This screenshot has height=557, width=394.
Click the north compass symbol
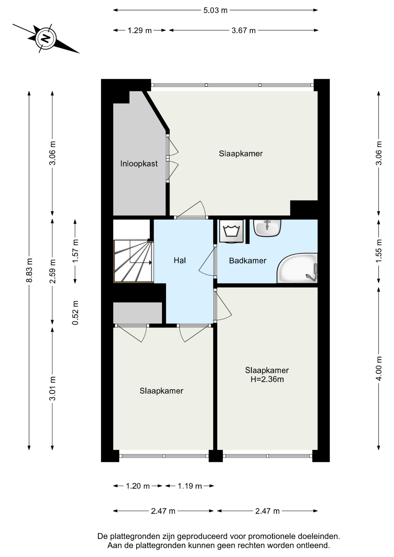pyautogui.click(x=46, y=38)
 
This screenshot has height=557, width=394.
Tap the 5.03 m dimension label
pyautogui.click(x=215, y=10)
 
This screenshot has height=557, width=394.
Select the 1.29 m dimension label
pyautogui.click(x=140, y=30)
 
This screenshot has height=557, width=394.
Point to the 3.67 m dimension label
pyautogui.click(x=243, y=30)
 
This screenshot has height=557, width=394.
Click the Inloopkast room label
pyautogui.click(x=139, y=164)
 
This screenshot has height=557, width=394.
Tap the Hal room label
pyautogui.click(x=180, y=261)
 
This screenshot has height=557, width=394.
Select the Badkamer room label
pyautogui.click(x=247, y=261)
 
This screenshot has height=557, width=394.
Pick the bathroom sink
pyautogui.click(x=267, y=228)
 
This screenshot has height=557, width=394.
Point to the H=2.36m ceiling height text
pyautogui.click(x=267, y=379)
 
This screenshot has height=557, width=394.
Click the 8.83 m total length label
pyautogui.click(x=29, y=270)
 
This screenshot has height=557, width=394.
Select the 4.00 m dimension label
pyautogui.click(x=379, y=368)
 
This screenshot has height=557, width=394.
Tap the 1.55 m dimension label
pyautogui.click(x=379, y=251)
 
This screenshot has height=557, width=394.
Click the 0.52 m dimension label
pyautogui.click(x=75, y=313)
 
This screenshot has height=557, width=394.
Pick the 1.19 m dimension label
pyautogui.click(x=190, y=486)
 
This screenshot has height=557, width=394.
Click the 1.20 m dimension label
pyautogui.click(x=138, y=486)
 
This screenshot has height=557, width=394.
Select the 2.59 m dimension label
pyautogui.click(x=53, y=271)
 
